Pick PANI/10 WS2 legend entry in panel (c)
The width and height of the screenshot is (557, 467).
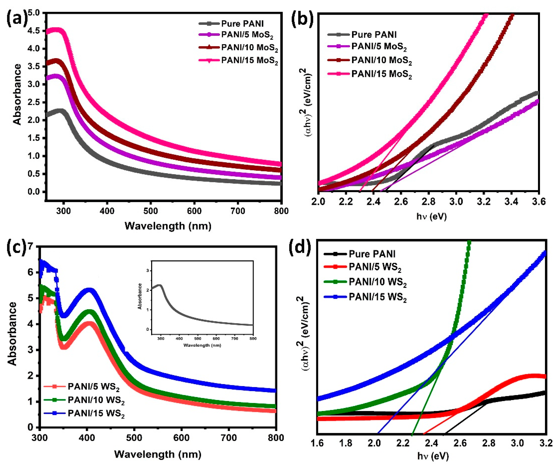pyautogui.click(x=96, y=400)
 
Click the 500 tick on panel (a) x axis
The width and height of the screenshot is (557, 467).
pyautogui.click(x=150, y=211)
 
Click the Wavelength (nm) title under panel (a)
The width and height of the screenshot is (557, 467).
pyautogui.click(x=168, y=226)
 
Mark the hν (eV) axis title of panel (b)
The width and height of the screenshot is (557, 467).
pyautogui.click(x=431, y=217)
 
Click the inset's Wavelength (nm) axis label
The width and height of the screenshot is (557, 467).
pyautogui.click(x=202, y=345)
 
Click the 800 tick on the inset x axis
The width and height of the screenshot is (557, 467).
pyautogui.click(x=253, y=339)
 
